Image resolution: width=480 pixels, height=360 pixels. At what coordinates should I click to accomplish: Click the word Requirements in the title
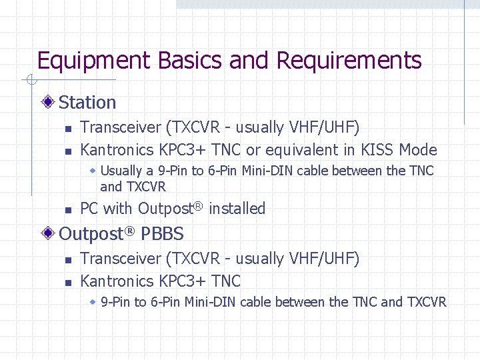(349, 61)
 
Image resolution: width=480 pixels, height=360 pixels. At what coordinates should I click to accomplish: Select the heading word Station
(87, 103)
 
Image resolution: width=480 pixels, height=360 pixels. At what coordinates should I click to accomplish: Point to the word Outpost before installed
(165, 209)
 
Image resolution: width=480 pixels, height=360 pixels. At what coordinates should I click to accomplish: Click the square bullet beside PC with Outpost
(67, 210)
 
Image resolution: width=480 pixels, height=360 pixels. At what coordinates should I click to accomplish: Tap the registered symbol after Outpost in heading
(131, 230)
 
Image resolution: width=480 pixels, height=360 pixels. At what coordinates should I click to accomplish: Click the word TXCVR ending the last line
(426, 302)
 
